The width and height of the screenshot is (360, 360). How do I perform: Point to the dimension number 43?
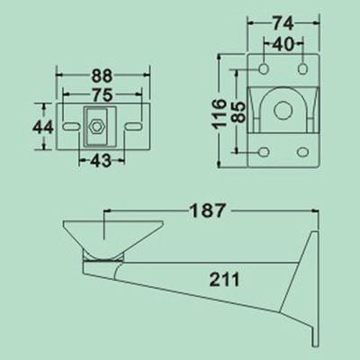97,160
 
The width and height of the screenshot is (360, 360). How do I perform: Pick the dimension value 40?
283,42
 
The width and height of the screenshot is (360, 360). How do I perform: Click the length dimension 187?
208,213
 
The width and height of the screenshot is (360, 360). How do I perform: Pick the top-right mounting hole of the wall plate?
303,68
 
